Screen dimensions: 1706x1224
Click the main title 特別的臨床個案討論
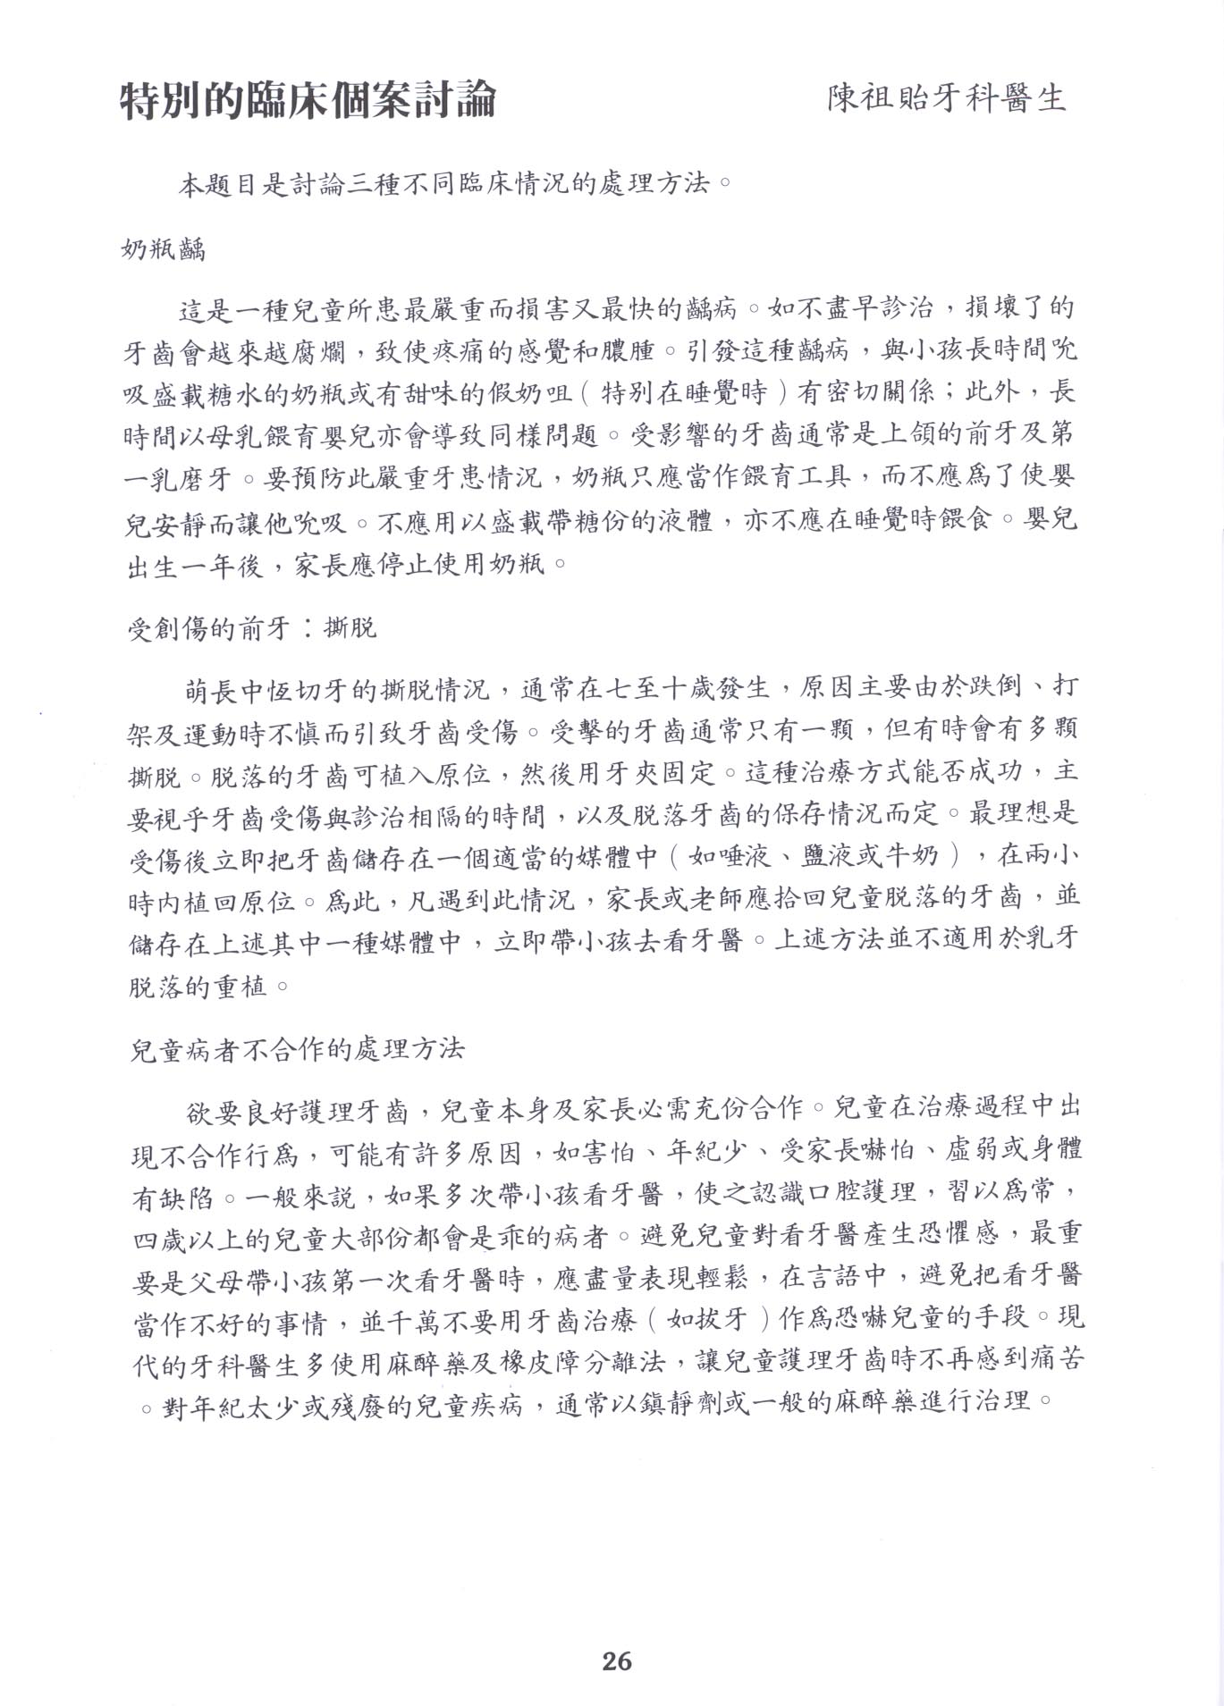pyautogui.click(x=308, y=100)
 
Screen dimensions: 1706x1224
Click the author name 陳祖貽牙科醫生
pyautogui.click(x=947, y=98)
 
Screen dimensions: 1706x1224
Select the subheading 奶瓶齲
pyautogui.click(x=163, y=249)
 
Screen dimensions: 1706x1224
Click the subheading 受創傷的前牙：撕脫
pyautogui.click(x=253, y=628)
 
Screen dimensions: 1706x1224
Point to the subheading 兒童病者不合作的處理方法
pyautogui.click(x=297, y=1048)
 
